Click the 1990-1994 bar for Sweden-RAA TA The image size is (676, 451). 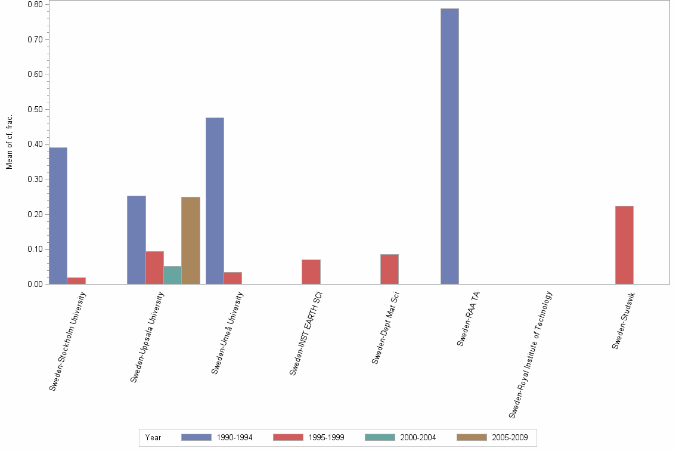click(449, 146)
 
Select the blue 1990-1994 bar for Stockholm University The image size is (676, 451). click(58, 215)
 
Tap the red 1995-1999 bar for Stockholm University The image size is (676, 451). click(76, 280)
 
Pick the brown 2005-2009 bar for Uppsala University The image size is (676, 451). click(191, 240)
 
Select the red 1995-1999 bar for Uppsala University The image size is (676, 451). click(154, 268)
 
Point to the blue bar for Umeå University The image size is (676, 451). click(215, 200)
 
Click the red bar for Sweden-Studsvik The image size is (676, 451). click(624, 245)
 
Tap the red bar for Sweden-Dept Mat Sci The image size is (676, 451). click(389, 269)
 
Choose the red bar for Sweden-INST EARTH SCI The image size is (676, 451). click(311, 271)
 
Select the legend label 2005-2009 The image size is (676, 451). click(510, 437)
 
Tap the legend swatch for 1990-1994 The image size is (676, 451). click(196, 437)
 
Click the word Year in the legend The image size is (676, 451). click(153, 437)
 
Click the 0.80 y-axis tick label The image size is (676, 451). click(35, 5)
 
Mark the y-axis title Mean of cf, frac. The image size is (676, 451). click(10, 141)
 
